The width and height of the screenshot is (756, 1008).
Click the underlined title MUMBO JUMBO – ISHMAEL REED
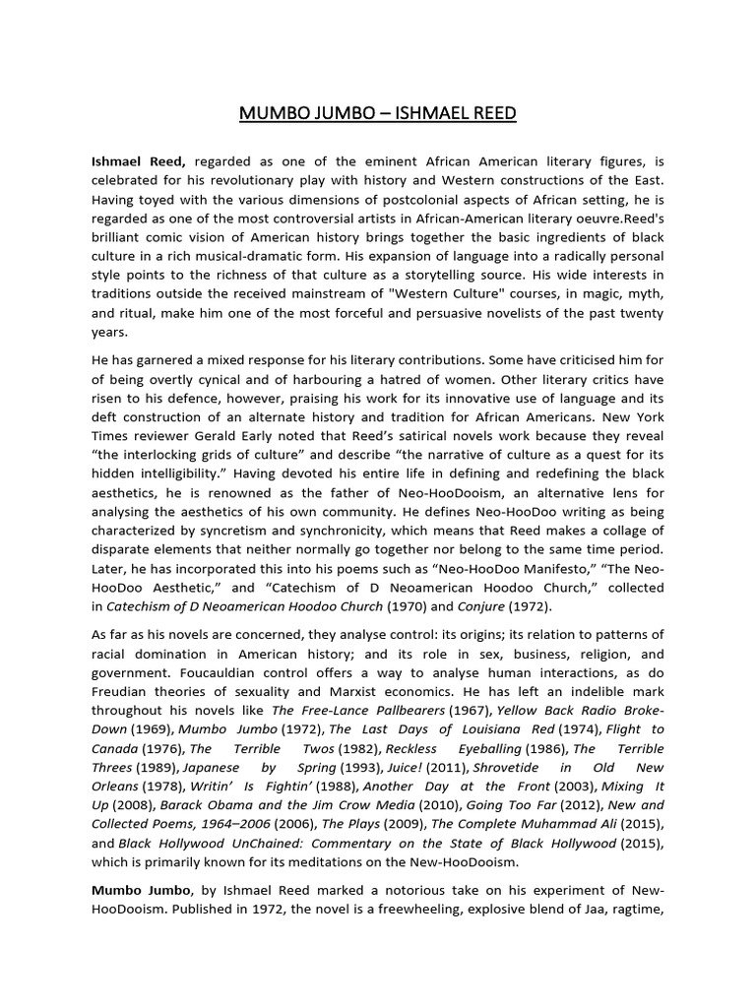tap(378, 114)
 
